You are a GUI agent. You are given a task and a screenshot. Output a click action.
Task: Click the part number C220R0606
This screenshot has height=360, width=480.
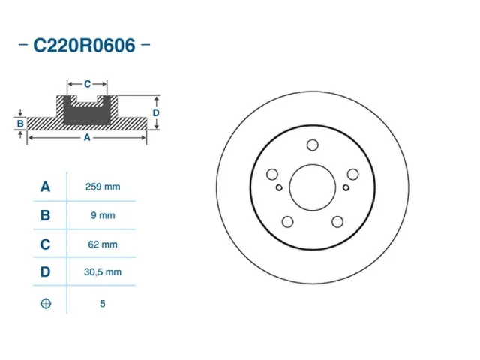tap(84, 46)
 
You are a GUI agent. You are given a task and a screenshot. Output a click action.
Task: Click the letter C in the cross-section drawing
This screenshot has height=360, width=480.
tap(87, 83)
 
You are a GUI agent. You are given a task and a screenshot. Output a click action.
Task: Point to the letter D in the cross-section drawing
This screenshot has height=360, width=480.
tap(156, 112)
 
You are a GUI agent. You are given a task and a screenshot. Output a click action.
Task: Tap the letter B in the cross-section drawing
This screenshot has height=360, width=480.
tap(20, 123)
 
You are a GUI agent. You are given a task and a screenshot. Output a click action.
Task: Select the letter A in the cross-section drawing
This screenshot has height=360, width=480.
tap(87, 138)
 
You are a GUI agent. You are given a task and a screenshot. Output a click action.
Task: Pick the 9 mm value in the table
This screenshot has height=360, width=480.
tap(102, 215)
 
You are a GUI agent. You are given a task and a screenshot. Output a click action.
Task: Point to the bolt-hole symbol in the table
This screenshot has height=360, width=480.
tap(46, 304)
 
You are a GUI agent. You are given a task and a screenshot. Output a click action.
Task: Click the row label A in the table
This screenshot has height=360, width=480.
tap(46, 187)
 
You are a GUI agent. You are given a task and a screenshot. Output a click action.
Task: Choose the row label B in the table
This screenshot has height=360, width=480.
tap(46, 215)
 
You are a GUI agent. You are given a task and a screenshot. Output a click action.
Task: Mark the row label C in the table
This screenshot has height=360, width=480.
tap(46, 244)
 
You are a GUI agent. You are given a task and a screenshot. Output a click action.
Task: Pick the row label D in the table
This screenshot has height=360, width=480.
tap(46, 272)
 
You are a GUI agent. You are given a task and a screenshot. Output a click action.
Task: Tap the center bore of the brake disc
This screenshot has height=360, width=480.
tap(313, 188)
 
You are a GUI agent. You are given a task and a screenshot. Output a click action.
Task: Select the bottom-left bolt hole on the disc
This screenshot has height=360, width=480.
tap(288, 221)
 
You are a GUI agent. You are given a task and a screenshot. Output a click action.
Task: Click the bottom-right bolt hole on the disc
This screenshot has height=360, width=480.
tap(337, 221)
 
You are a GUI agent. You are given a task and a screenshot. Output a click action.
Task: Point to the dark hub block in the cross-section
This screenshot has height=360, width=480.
tap(87, 112)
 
